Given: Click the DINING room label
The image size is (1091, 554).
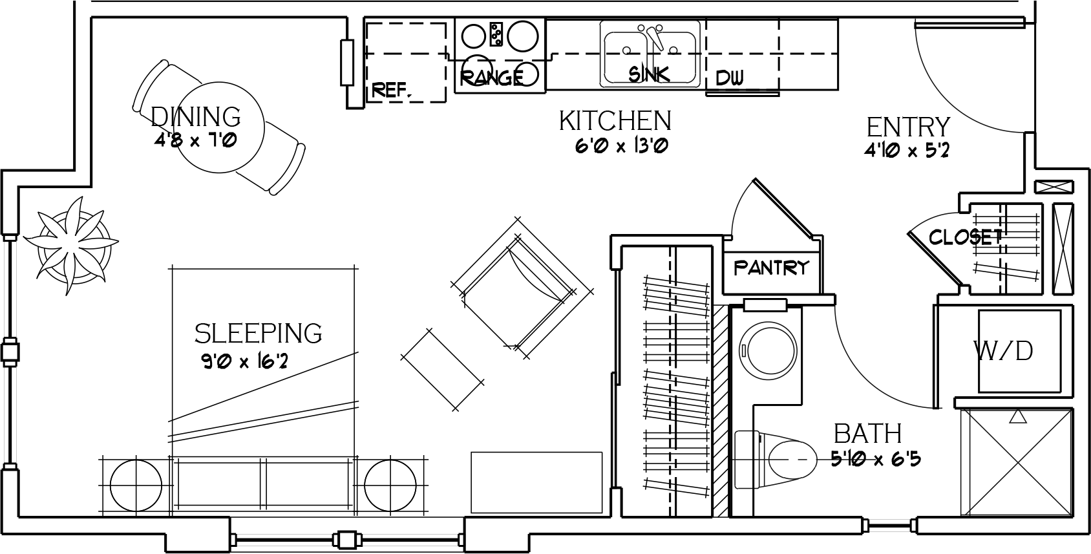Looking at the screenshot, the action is tap(196, 117).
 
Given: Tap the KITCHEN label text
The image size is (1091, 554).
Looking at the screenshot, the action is tap(615, 121).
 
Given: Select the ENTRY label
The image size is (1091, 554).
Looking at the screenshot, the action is tap(908, 127).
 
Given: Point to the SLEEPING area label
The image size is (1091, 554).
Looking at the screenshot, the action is tap(258, 334).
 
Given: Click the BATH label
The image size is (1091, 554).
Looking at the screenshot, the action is tap(868, 434).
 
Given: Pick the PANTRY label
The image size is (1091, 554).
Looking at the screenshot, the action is tap(771, 268).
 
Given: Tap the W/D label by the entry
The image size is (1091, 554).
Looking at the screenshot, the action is tap(1003, 351).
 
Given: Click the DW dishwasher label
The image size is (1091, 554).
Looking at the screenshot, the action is tap(730, 78).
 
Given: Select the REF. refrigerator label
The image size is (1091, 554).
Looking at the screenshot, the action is tap(392, 90).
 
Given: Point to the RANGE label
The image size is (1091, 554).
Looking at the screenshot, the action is tap(492, 78).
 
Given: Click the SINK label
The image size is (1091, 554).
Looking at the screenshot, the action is tap(649, 74).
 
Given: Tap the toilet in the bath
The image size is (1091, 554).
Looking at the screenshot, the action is tap(774, 459).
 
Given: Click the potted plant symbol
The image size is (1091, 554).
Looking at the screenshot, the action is tap(72, 245).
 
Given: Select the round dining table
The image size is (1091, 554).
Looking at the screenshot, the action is tap(219, 127).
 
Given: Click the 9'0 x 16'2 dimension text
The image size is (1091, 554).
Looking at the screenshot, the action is tap(244, 361).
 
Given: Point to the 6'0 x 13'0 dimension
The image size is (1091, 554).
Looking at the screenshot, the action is tap(621, 145).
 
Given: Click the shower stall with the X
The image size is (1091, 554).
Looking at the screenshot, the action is tap(1017, 462).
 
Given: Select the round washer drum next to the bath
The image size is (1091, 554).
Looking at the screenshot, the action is tap(768, 350).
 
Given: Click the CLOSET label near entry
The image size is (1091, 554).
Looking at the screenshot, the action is tap(966, 237).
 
